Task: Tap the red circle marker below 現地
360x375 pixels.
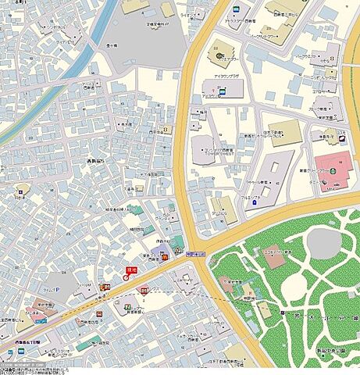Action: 127,277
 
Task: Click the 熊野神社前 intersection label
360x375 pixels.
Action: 195,254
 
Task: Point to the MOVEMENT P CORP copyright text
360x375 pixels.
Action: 23,364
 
